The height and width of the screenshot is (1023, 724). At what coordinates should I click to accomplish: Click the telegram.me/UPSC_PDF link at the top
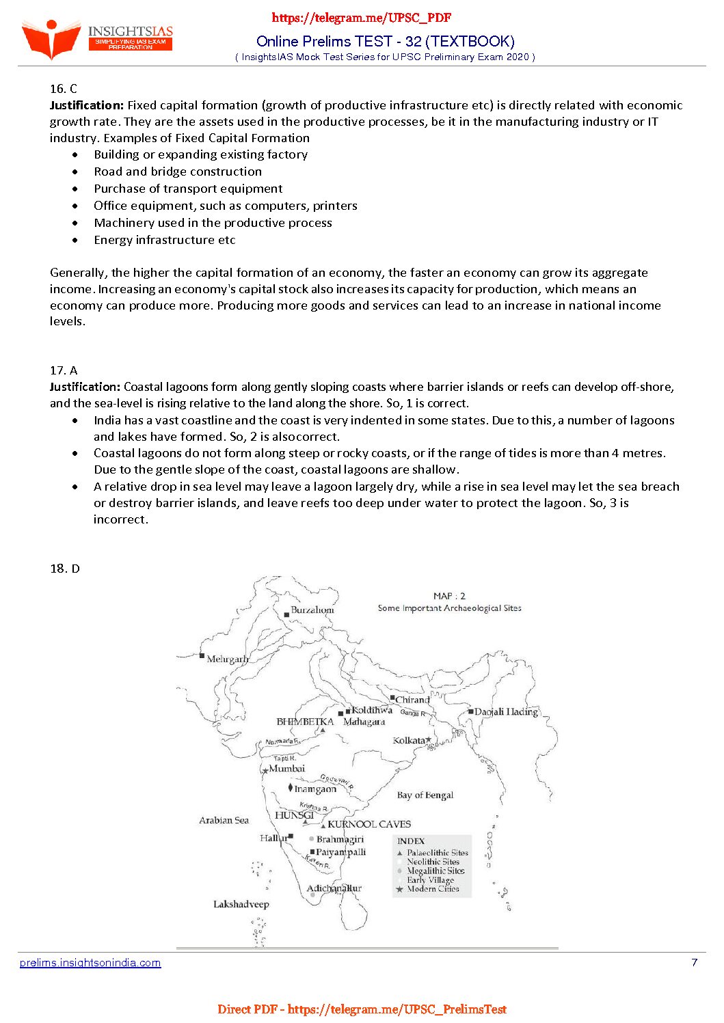(362, 18)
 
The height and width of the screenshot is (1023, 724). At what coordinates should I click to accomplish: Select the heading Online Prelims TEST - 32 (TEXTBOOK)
(385, 41)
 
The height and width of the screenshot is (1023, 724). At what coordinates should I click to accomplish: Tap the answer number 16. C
(64, 88)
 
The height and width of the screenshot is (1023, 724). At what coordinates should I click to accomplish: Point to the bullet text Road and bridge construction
(178, 172)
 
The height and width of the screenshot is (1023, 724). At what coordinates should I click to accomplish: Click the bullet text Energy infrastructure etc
(165, 240)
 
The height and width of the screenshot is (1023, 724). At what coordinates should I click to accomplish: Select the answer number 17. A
(64, 370)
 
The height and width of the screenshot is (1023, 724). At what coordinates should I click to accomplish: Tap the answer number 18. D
(65, 569)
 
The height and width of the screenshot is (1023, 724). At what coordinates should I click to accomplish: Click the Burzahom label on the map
(312, 610)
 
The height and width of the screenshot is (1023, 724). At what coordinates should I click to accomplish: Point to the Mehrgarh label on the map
(227, 659)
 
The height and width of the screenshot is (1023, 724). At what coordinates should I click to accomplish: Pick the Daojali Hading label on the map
(506, 711)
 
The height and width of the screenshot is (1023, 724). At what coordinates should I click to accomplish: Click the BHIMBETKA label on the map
(305, 722)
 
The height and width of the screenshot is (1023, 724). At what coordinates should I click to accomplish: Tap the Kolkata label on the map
(409, 741)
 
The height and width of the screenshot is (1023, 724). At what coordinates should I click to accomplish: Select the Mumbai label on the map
(287, 769)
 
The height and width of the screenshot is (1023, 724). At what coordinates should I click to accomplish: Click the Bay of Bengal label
(425, 795)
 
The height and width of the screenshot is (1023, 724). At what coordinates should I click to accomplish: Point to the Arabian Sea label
(224, 820)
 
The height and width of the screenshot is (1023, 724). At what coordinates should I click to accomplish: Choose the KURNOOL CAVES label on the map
(369, 824)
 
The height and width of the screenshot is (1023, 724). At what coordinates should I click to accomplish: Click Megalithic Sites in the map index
(435, 871)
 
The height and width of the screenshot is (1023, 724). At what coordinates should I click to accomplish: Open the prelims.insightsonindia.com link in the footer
(90, 962)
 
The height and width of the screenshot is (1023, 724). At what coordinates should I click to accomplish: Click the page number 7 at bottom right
(695, 962)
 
